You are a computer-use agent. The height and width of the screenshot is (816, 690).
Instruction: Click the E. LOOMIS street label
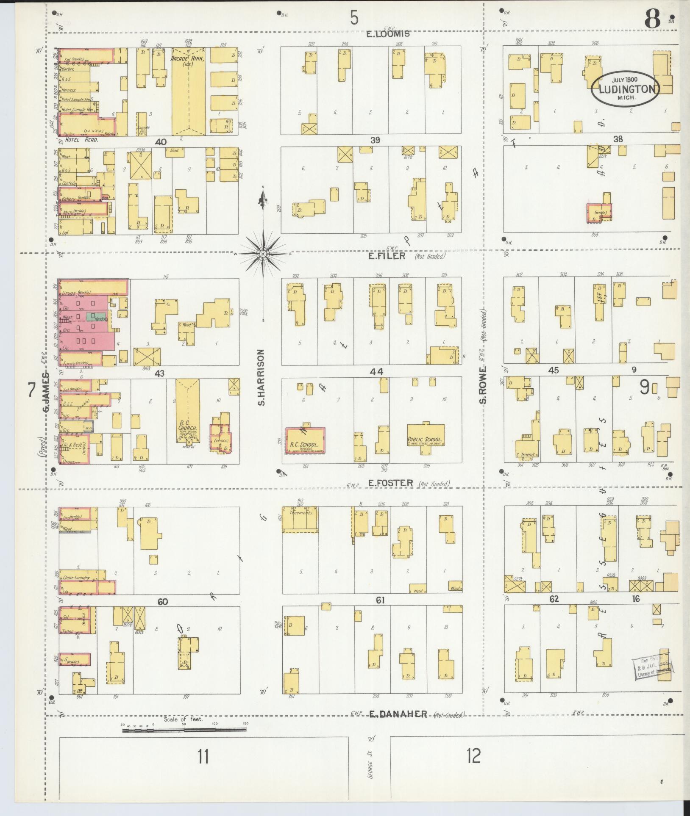[389, 33]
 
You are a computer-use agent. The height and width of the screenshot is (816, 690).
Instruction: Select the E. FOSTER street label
[390, 483]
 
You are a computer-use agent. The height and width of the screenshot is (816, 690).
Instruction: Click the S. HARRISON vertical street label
[262, 377]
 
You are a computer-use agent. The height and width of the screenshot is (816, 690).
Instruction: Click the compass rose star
[263, 253]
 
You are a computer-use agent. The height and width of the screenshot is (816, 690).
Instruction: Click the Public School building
[426, 440]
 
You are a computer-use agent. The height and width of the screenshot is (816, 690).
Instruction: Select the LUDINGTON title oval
[626, 89]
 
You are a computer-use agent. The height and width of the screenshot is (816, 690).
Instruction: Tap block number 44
[376, 371]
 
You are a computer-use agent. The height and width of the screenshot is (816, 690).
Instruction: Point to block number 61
[380, 600]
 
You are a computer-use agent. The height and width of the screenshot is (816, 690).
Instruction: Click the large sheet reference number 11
[203, 756]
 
